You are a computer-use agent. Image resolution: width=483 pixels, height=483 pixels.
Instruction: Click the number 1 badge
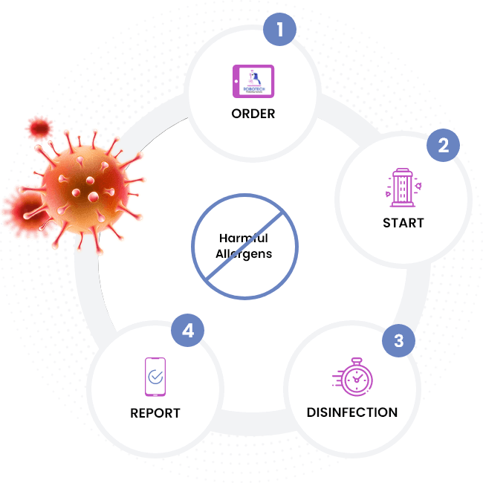(279, 30)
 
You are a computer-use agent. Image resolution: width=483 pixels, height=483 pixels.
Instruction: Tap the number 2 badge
(443, 145)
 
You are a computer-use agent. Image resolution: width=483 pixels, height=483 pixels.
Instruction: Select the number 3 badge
(399, 341)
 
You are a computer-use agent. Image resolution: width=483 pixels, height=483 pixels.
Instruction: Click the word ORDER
(253, 114)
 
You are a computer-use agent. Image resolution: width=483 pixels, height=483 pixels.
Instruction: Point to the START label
(403, 222)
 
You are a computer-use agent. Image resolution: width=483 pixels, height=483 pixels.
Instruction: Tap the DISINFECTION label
(352, 412)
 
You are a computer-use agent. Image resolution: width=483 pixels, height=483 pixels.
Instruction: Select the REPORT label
(155, 412)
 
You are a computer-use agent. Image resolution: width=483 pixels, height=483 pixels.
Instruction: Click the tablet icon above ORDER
(253, 81)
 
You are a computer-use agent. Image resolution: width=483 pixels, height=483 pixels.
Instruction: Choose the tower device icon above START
(403, 186)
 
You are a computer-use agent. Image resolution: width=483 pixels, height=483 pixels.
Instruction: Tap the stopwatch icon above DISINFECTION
(355, 377)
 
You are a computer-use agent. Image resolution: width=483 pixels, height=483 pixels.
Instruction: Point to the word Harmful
(243, 239)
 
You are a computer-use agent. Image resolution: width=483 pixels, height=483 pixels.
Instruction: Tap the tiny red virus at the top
(39, 129)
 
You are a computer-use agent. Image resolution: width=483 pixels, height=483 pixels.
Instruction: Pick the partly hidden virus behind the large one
(21, 209)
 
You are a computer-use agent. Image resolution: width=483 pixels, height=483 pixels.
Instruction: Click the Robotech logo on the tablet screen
(253, 79)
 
